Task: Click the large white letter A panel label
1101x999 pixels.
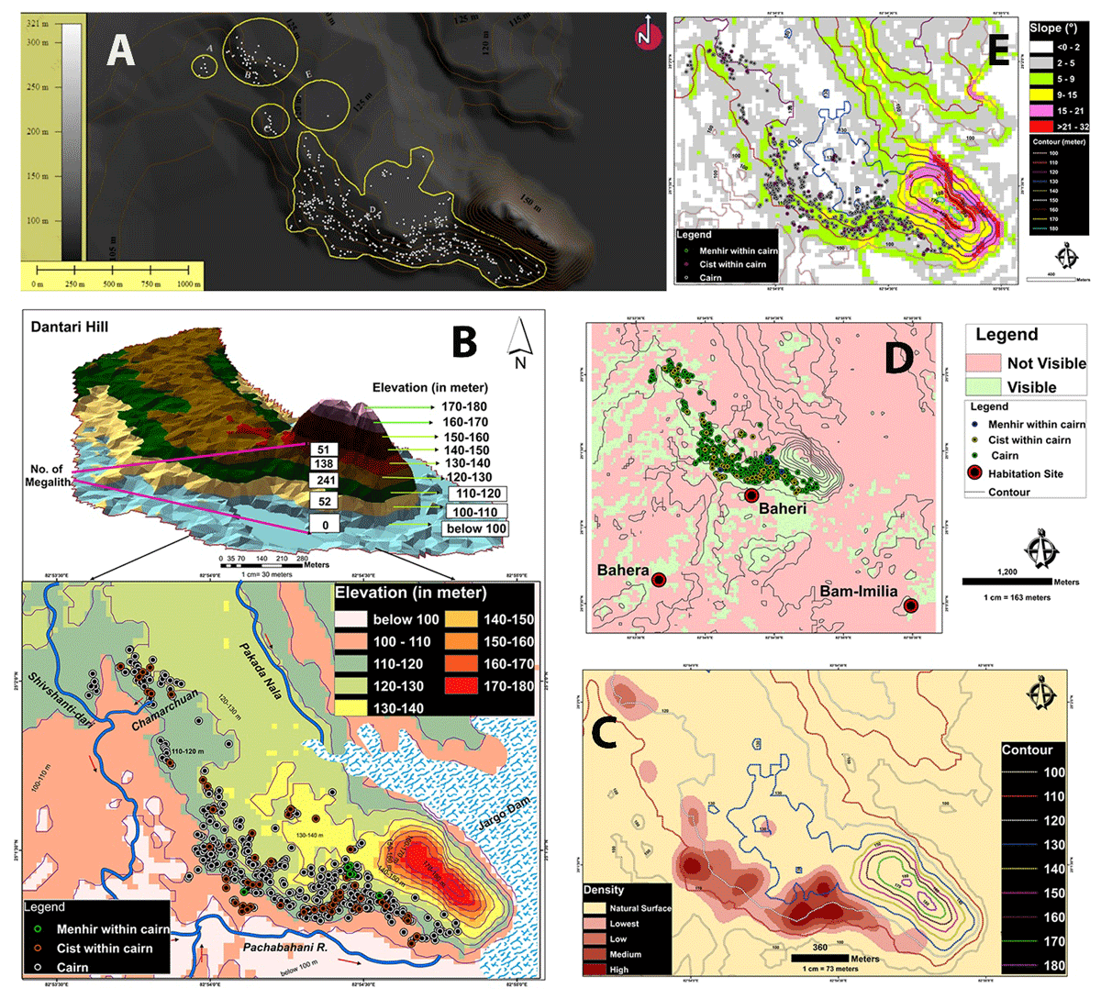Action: tap(120, 50)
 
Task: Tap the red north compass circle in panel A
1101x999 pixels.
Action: tap(649, 36)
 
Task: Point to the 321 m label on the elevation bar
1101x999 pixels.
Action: tap(37, 22)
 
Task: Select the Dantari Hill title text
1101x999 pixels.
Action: tap(69, 326)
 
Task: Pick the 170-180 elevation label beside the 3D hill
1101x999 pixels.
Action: tap(463, 406)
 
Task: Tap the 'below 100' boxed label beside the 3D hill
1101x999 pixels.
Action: tap(475, 528)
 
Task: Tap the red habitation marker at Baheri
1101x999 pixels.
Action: tap(751, 495)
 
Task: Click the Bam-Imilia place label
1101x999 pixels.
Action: tap(858, 591)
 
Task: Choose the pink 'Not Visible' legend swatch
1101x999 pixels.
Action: tap(982, 362)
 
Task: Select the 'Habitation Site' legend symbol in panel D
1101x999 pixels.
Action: tap(974, 473)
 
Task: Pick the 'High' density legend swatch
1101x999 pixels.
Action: tap(595, 969)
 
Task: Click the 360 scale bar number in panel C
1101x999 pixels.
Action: tap(819, 947)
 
